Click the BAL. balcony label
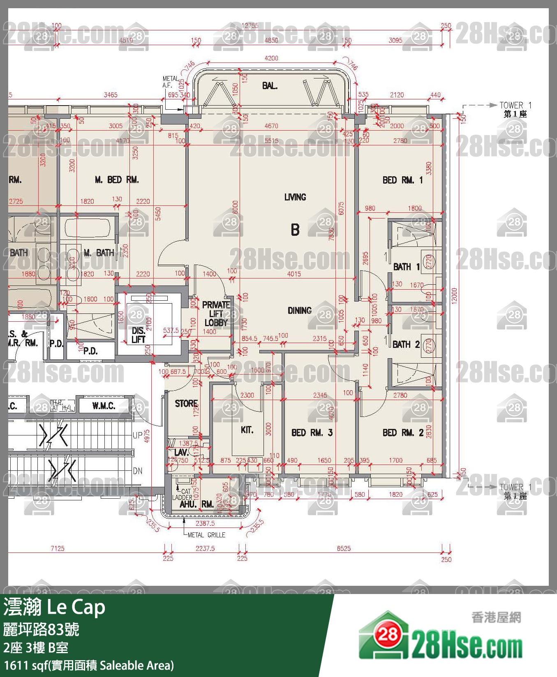(270, 86)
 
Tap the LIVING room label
(295, 197)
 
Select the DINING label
(300, 311)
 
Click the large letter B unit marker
(295, 229)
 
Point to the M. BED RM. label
(117, 180)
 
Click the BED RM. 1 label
(402, 180)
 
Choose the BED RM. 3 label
(312, 433)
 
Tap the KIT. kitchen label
(247, 430)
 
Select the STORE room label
(186, 403)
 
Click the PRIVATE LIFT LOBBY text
(216, 314)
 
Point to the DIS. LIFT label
(138, 335)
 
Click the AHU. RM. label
(196, 504)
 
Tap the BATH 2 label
(406, 344)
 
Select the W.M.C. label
(104, 406)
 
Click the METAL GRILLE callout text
(206, 535)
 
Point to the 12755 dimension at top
(250, 25)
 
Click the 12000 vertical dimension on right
(454, 295)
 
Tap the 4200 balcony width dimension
(271, 58)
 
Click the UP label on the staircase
(137, 435)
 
